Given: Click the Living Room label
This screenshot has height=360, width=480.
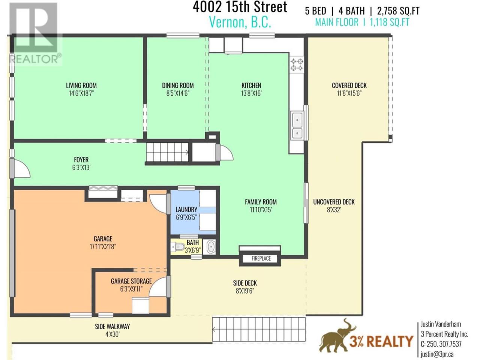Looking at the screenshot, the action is click(x=81, y=85).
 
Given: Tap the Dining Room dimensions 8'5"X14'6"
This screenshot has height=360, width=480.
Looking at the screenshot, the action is click(x=178, y=93).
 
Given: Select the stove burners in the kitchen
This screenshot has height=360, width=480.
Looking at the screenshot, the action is click(x=297, y=64).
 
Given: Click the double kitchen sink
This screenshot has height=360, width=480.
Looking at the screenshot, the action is click(x=297, y=125).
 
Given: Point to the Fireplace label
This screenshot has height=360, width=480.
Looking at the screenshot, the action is click(x=261, y=259).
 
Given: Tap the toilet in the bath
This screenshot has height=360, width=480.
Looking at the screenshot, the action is click(x=178, y=247).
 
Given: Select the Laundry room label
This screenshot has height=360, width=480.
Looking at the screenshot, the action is click(x=186, y=209).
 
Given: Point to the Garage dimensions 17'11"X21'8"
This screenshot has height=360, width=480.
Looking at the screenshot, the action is click(x=103, y=247).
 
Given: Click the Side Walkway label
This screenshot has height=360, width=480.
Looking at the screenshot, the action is click(x=112, y=327).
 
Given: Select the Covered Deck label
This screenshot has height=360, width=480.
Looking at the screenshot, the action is click(x=349, y=85).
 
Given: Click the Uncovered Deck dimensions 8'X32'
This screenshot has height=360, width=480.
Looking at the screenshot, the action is click(x=334, y=210).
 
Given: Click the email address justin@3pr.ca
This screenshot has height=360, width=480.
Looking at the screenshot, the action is click(x=437, y=354).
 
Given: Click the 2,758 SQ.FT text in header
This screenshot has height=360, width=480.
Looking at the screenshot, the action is click(x=398, y=11).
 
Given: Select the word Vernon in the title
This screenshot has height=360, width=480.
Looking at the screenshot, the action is click(x=227, y=22).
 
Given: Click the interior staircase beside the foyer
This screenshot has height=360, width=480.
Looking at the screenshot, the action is click(x=167, y=152).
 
